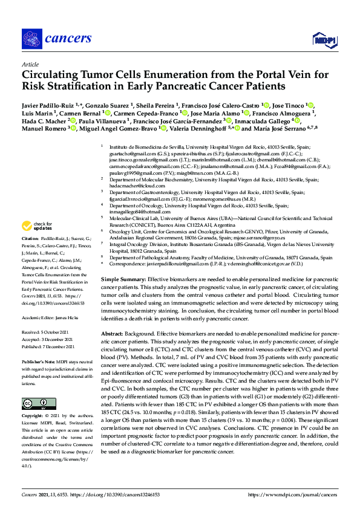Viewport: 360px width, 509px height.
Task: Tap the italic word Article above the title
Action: (30, 63)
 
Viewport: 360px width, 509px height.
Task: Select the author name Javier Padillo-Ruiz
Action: (48, 106)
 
